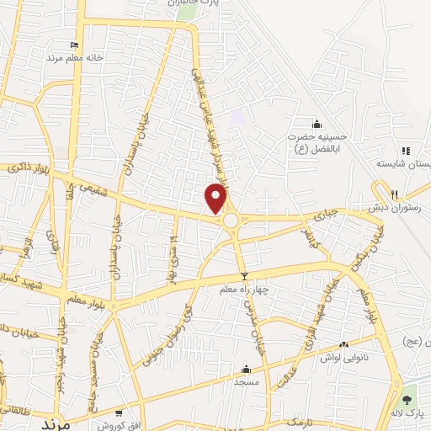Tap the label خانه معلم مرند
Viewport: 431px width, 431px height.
click(73, 58)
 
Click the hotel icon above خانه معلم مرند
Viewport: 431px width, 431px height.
click(74, 45)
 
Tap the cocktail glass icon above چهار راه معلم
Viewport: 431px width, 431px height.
click(245, 276)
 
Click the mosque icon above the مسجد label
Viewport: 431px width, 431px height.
click(246, 368)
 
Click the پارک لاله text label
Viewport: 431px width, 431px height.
click(409, 413)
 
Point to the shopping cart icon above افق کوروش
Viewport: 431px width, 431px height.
click(119, 412)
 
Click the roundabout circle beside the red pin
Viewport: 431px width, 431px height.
click(230, 221)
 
